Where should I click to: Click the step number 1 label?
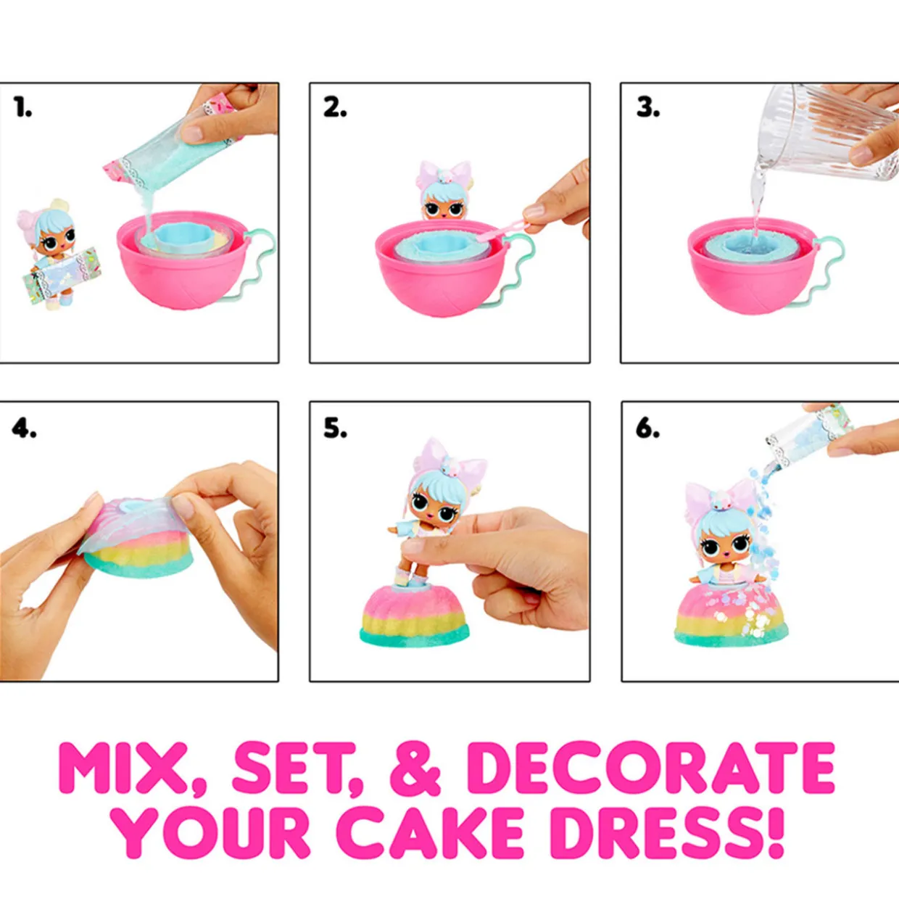tap(23, 107)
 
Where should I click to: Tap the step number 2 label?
tap(335, 108)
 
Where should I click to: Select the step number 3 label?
tap(648, 108)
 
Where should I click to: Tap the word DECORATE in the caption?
tap(656, 767)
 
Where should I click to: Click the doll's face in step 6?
tap(726, 545)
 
